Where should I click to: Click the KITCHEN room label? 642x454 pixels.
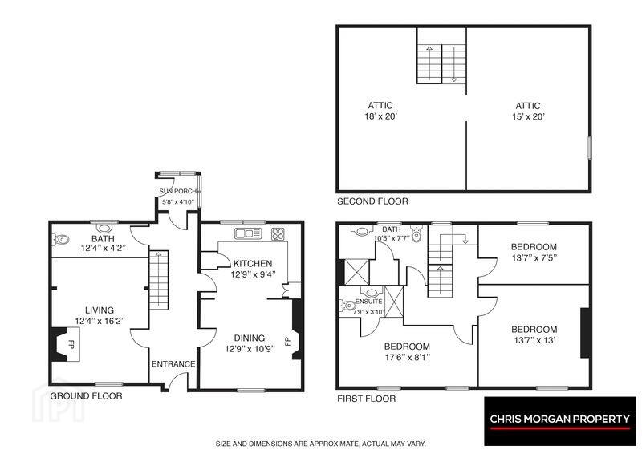pos(253,264)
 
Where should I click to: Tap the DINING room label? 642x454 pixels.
pos(250,338)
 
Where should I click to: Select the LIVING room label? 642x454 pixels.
pos(100,310)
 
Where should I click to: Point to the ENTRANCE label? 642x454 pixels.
pos(173,364)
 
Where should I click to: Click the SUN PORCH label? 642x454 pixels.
pos(177,191)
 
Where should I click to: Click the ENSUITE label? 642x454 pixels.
pos(369,302)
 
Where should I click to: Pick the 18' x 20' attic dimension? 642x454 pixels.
pos(381,116)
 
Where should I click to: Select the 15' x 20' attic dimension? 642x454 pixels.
pos(528,116)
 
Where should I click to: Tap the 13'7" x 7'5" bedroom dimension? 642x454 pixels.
pos(534,257)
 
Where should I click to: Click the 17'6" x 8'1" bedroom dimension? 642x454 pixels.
pos(407,357)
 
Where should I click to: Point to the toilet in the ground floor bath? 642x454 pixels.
pos(60,240)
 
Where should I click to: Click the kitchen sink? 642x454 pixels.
pos(248,233)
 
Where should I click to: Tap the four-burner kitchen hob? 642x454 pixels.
pos(278,233)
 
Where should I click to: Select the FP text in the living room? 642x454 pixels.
pos(71,343)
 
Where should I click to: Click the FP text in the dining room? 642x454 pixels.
pos(288,341)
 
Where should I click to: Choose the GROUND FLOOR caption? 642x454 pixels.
pos(86,396)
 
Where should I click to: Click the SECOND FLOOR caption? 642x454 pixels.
pos(372,201)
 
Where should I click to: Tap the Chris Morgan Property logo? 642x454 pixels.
pos(559,421)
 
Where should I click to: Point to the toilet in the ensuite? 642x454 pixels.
pos(347,306)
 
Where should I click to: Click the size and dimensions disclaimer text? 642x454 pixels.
pos(321,444)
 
